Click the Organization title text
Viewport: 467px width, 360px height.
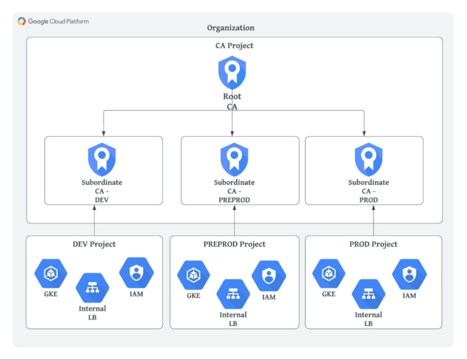tap(231, 28)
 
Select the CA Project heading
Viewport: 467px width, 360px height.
tap(231, 46)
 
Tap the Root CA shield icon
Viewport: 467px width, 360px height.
tap(232, 73)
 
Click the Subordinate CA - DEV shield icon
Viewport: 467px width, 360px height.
tap(102, 159)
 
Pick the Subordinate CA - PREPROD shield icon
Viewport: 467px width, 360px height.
tap(234, 159)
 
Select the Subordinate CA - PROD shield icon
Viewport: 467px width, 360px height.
tap(368, 159)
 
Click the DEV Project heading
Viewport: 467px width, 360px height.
tap(94, 244)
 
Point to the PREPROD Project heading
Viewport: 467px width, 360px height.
tap(234, 244)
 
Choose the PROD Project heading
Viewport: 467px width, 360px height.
tap(373, 244)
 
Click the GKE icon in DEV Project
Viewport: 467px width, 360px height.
tap(51, 273)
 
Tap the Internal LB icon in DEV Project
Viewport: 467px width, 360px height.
tap(92, 288)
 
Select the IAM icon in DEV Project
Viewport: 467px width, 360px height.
tap(136, 273)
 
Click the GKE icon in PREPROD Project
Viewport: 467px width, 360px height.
tap(193, 275)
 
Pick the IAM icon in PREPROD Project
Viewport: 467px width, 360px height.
tap(269, 275)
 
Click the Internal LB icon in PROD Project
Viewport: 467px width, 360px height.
tap(368, 293)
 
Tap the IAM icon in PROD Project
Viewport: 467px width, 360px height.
tap(410, 274)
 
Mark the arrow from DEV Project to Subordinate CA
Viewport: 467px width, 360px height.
tap(95, 220)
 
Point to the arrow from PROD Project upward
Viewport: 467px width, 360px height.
tap(374, 220)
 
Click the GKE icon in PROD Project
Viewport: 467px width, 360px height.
tap(328, 273)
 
